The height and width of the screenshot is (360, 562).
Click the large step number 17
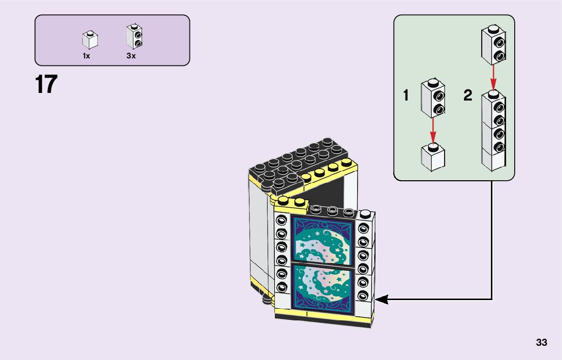[46, 85]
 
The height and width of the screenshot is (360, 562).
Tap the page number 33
[541, 343]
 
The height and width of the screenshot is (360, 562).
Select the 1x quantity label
[86, 56]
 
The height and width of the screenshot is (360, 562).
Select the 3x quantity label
[131, 56]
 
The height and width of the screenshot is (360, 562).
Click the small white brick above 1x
[90, 40]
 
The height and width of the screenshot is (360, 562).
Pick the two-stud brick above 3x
[134, 37]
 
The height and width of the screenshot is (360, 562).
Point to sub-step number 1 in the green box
[406, 95]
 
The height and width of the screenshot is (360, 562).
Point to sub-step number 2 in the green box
[467, 95]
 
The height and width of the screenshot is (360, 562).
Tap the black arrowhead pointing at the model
[381, 300]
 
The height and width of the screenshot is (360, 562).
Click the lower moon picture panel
[322, 286]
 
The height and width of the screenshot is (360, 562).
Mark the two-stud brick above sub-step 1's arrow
[433, 97]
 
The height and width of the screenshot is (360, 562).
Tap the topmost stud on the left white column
[281, 220]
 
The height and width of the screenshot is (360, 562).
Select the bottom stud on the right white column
[363, 296]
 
